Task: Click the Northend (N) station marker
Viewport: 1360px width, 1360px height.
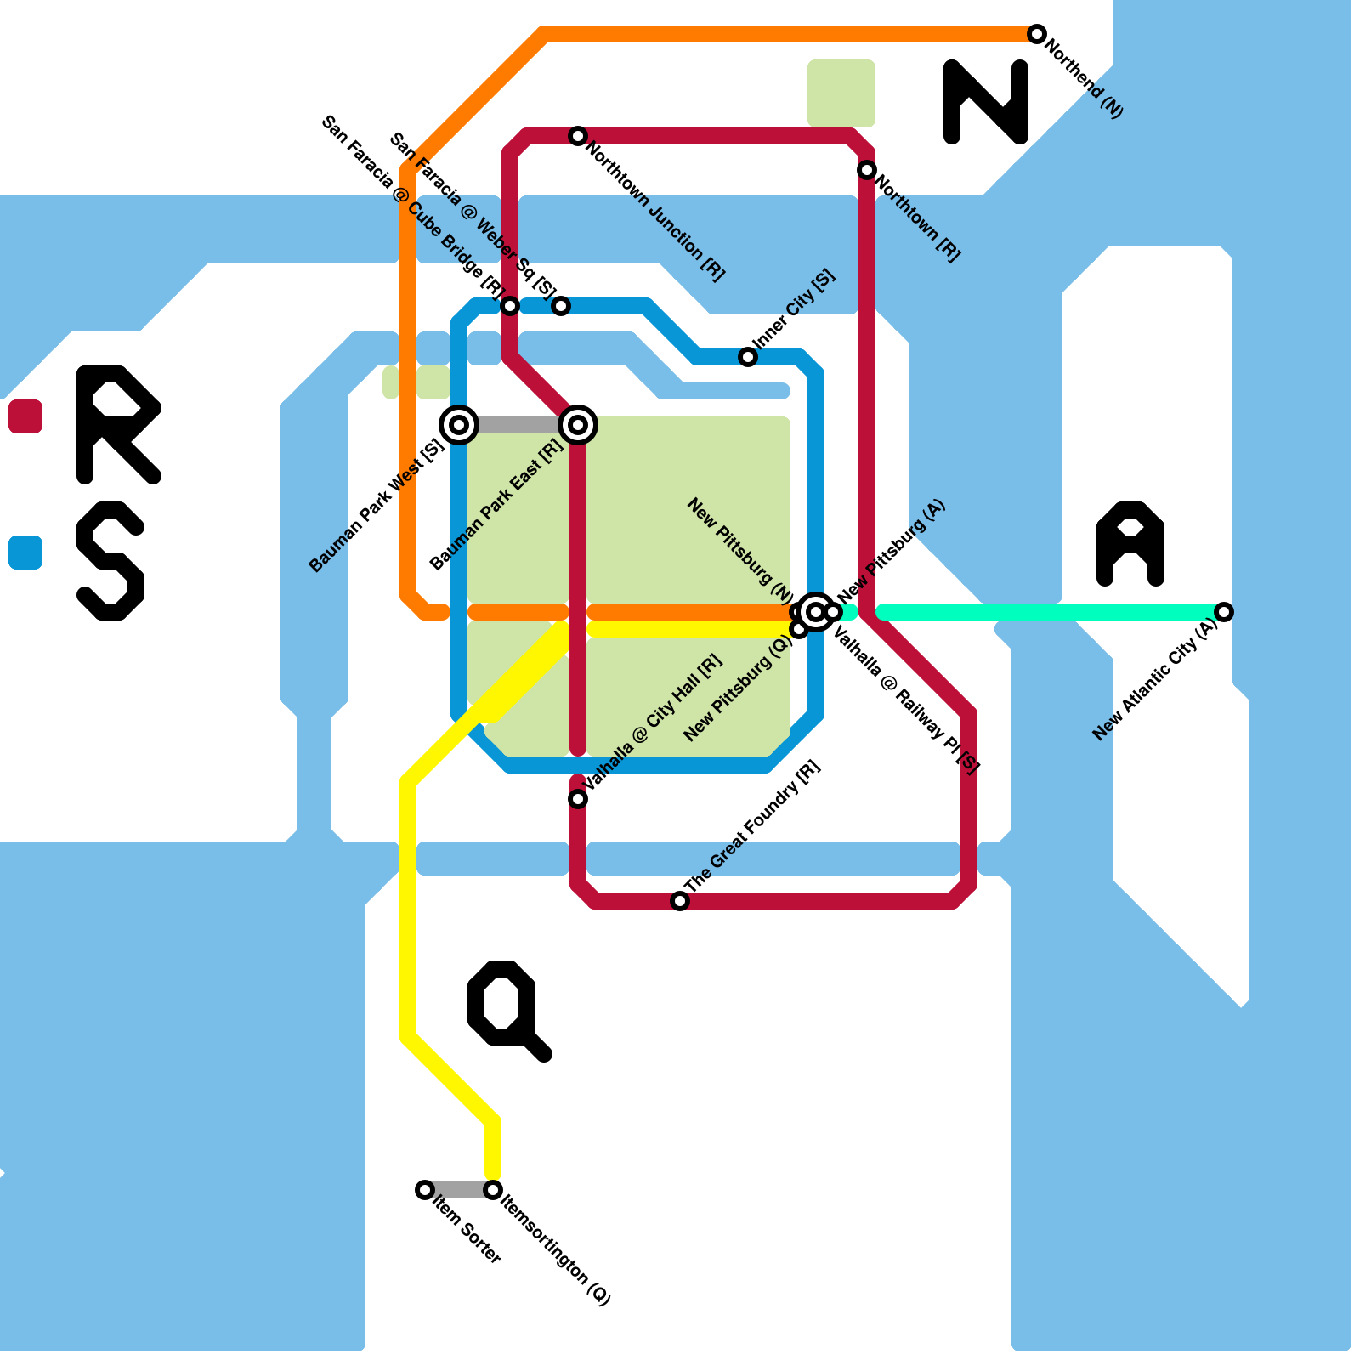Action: (x=1036, y=34)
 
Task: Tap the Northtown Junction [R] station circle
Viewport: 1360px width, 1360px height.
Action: (x=578, y=136)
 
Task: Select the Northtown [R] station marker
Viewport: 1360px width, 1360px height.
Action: (x=866, y=170)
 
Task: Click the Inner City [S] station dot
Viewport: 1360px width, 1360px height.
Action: (x=748, y=357)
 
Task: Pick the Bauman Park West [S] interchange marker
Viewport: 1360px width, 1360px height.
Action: (x=459, y=424)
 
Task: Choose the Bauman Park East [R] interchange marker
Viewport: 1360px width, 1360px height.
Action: (x=578, y=424)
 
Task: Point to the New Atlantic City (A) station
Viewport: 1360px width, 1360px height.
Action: (x=1223, y=611)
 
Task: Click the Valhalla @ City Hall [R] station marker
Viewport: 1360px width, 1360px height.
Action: (x=578, y=798)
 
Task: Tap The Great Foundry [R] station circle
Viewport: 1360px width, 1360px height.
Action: (x=680, y=900)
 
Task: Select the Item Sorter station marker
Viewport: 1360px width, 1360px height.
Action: (x=425, y=1190)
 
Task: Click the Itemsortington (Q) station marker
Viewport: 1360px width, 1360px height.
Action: (x=493, y=1190)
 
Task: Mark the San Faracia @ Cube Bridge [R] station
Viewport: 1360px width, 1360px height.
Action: (x=510, y=306)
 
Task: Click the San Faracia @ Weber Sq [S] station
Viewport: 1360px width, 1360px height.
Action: (x=561, y=306)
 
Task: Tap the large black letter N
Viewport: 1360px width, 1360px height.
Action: (x=986, y=102)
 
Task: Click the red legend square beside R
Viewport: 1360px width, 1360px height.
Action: (x=25, y=416)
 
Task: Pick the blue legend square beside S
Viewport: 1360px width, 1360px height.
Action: (x=25, y=552)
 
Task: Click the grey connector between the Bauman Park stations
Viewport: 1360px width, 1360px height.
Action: (x=518, y=425)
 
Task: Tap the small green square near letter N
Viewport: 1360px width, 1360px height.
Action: (x=841, y=93)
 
